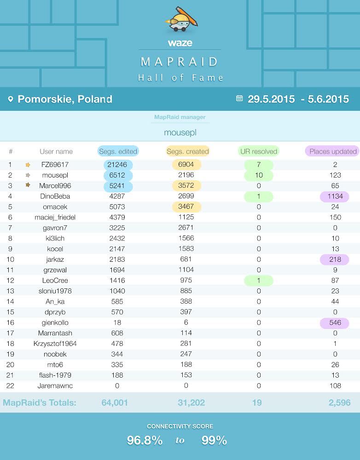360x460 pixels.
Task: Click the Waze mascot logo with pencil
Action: (181, 19)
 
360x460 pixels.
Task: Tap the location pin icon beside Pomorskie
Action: (11, 99)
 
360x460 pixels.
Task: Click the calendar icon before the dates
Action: (239, 98)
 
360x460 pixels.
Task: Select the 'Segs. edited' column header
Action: (118, 151)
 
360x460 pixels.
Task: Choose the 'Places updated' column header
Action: (333, 151)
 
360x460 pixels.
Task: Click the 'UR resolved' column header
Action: (258, 151)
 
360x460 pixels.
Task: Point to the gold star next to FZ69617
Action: (28, 165)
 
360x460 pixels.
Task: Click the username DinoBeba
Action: (55, 196)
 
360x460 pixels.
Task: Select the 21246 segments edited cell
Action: (118, 165)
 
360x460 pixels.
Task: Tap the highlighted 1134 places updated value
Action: (335, 196)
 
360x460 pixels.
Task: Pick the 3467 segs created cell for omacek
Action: (186, 207)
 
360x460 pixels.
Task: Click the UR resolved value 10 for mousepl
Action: (259, 175)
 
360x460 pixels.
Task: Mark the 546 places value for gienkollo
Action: (335, 323)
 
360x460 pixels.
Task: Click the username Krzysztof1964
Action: (55, 344)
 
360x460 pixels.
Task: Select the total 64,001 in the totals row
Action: (115, 402)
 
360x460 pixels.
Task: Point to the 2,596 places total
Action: (339, 402)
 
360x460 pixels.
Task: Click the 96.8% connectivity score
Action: (145, 440)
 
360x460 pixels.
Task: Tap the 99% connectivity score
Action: (214, 440)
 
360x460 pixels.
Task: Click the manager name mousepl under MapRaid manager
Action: (180, 132)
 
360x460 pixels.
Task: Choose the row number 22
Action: (10, 386)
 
